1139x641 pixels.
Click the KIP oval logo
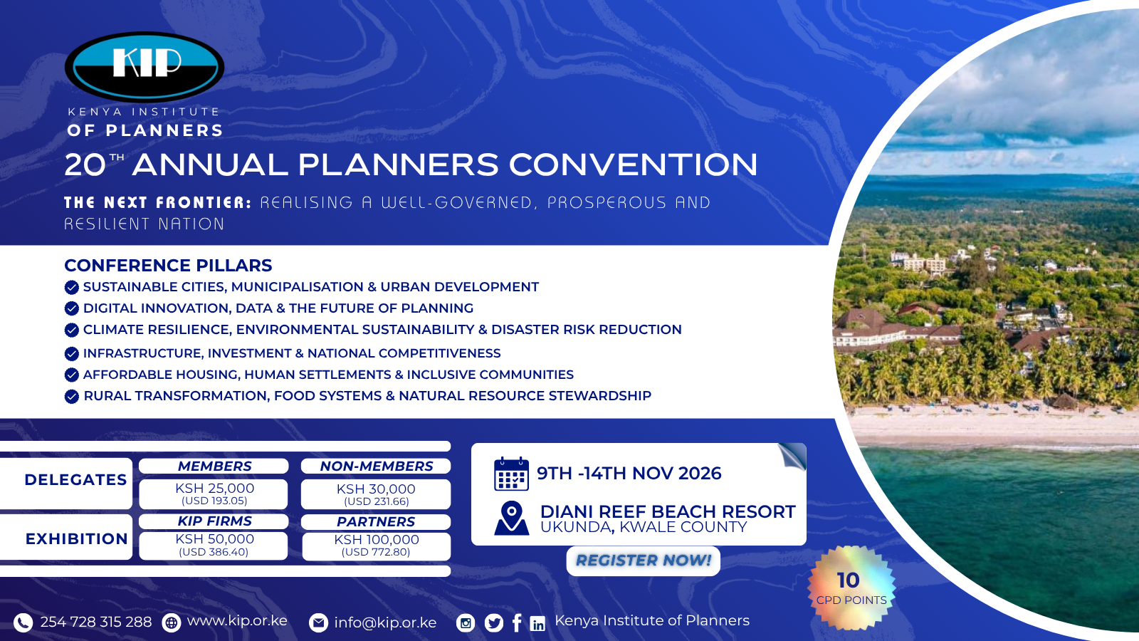click(145, 67)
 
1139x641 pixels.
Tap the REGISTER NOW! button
click(644, 561)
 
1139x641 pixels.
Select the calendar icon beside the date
click(511, 474)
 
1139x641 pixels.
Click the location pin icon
click(512, 518)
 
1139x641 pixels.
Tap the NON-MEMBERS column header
click(377, 466)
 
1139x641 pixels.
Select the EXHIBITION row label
click(76, 538)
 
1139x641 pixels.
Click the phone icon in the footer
click(23, 622)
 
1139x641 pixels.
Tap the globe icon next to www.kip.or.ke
click(172, 622)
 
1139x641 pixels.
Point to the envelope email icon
click(318, 622)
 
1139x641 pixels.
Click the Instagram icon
click(466, 622)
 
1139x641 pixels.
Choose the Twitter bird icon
click(494, 622)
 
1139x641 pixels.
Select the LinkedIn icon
click(537, 623)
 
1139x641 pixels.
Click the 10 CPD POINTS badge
click(851, 588)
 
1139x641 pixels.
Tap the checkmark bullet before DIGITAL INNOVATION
click(72, 309)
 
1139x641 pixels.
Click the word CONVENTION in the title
click(633, 165)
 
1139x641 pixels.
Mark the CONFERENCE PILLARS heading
click(168, 266)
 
